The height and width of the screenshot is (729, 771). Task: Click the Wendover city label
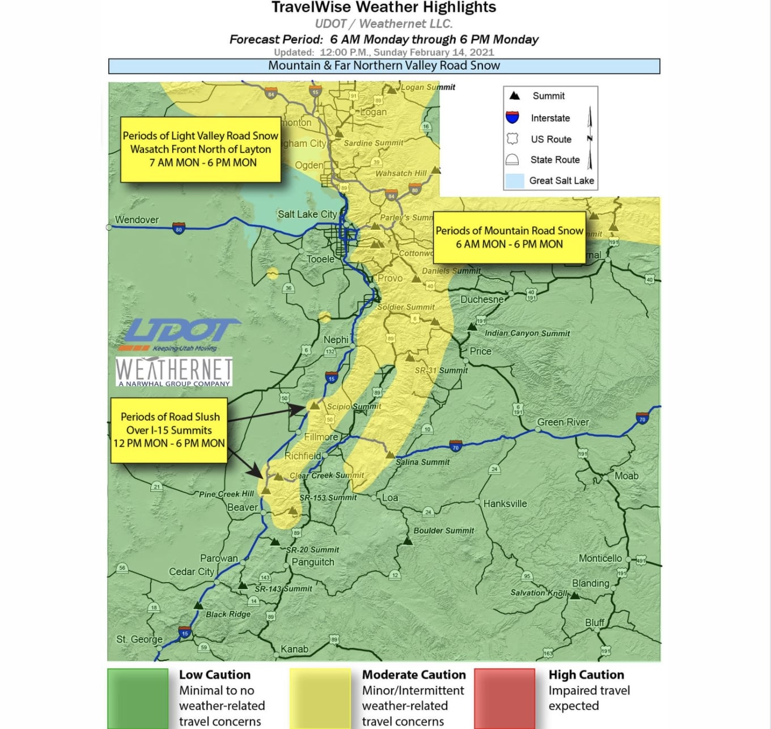click(x=137, y=220)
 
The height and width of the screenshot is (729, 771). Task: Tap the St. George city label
click(x=139, y=639)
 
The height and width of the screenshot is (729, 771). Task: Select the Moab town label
click(x=626, y=476)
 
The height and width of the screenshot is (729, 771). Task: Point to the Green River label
click(x=563, y=422)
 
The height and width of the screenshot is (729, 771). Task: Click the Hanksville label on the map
click(x=505, y=503)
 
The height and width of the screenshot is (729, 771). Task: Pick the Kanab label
click(x=294, y=649)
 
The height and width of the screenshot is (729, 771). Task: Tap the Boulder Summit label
click(x=443, y=531)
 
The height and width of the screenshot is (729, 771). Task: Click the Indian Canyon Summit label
click(x=527, y=333)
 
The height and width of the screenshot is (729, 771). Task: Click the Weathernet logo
click(x=174, y=372)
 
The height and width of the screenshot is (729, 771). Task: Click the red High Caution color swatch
click(x=505, y=698)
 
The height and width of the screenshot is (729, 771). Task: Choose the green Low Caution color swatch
click(x=138, y=698)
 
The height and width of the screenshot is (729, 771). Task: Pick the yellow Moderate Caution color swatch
click(x=320, y=698)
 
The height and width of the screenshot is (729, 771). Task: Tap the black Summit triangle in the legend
click(x=514, y=96)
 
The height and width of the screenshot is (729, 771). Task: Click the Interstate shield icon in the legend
click(x=512, y=117)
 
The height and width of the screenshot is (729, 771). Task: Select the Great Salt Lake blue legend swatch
click(x=514, y=181)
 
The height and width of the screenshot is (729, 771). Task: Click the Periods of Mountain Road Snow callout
click(x=509, y=238)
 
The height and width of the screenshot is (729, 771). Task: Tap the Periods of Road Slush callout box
click(x=169, y=430)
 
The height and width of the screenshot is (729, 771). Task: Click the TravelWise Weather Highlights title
click(x=384, y=7)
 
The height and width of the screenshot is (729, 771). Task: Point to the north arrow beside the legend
click(x=590, y=138)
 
